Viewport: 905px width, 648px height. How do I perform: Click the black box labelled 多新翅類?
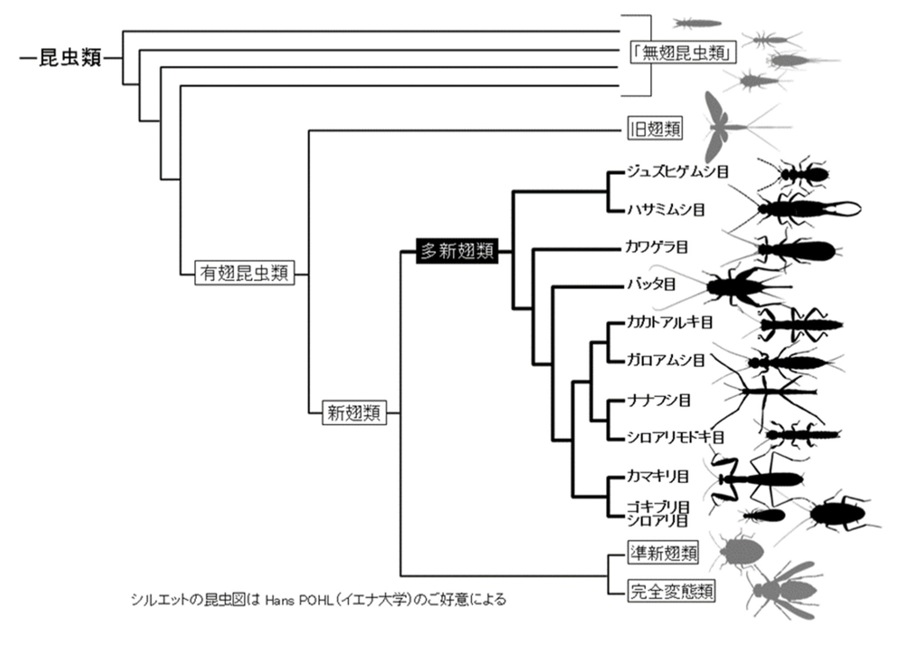coord(457,251)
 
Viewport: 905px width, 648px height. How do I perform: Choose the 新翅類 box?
coord(353,411)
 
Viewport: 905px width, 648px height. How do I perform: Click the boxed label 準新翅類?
coord(663,553)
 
